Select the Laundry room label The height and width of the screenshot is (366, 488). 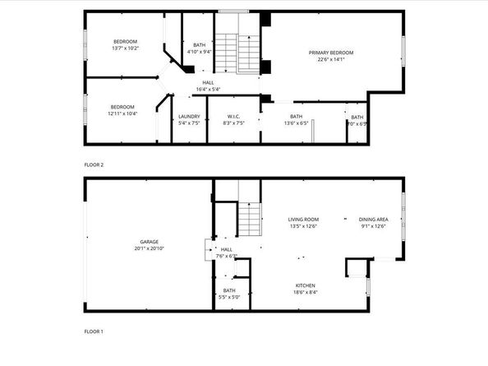tap(189, 116)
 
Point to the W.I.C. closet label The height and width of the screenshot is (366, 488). tap(233, 116)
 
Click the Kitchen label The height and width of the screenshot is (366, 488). tap(306, 285)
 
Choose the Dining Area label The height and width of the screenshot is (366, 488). tap(373, 219)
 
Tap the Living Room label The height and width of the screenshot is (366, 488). tap(302, 219)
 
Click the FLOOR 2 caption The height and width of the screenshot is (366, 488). tap(94, 164)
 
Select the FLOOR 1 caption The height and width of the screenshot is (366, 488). tap(94, 331)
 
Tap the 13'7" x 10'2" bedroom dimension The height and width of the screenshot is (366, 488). tap(125, 48)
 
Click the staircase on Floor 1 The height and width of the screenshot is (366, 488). tap(248, 218)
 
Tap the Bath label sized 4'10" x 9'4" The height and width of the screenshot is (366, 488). tap(199, 45)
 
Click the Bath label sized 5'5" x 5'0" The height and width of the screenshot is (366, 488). tap(228, 290)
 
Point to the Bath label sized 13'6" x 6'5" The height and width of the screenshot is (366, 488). tap(296, 117)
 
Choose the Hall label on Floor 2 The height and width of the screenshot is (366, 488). tap(209, 82)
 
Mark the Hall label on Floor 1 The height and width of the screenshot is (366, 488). tap(227, 249)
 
